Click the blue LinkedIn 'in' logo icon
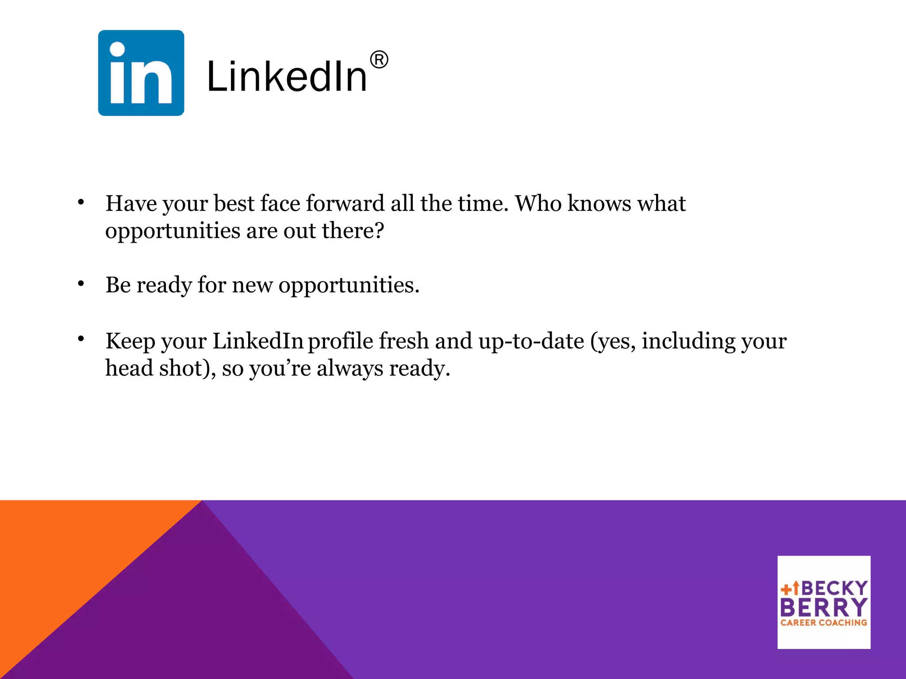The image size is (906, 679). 141,73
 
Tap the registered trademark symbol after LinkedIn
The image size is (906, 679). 379,60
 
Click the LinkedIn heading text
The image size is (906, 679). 287,77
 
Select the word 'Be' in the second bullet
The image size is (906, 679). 118,285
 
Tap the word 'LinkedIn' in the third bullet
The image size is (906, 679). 257,341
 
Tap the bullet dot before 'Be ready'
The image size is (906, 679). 81,284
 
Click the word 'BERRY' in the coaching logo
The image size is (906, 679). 824,607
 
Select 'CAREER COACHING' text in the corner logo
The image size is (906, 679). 824,623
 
